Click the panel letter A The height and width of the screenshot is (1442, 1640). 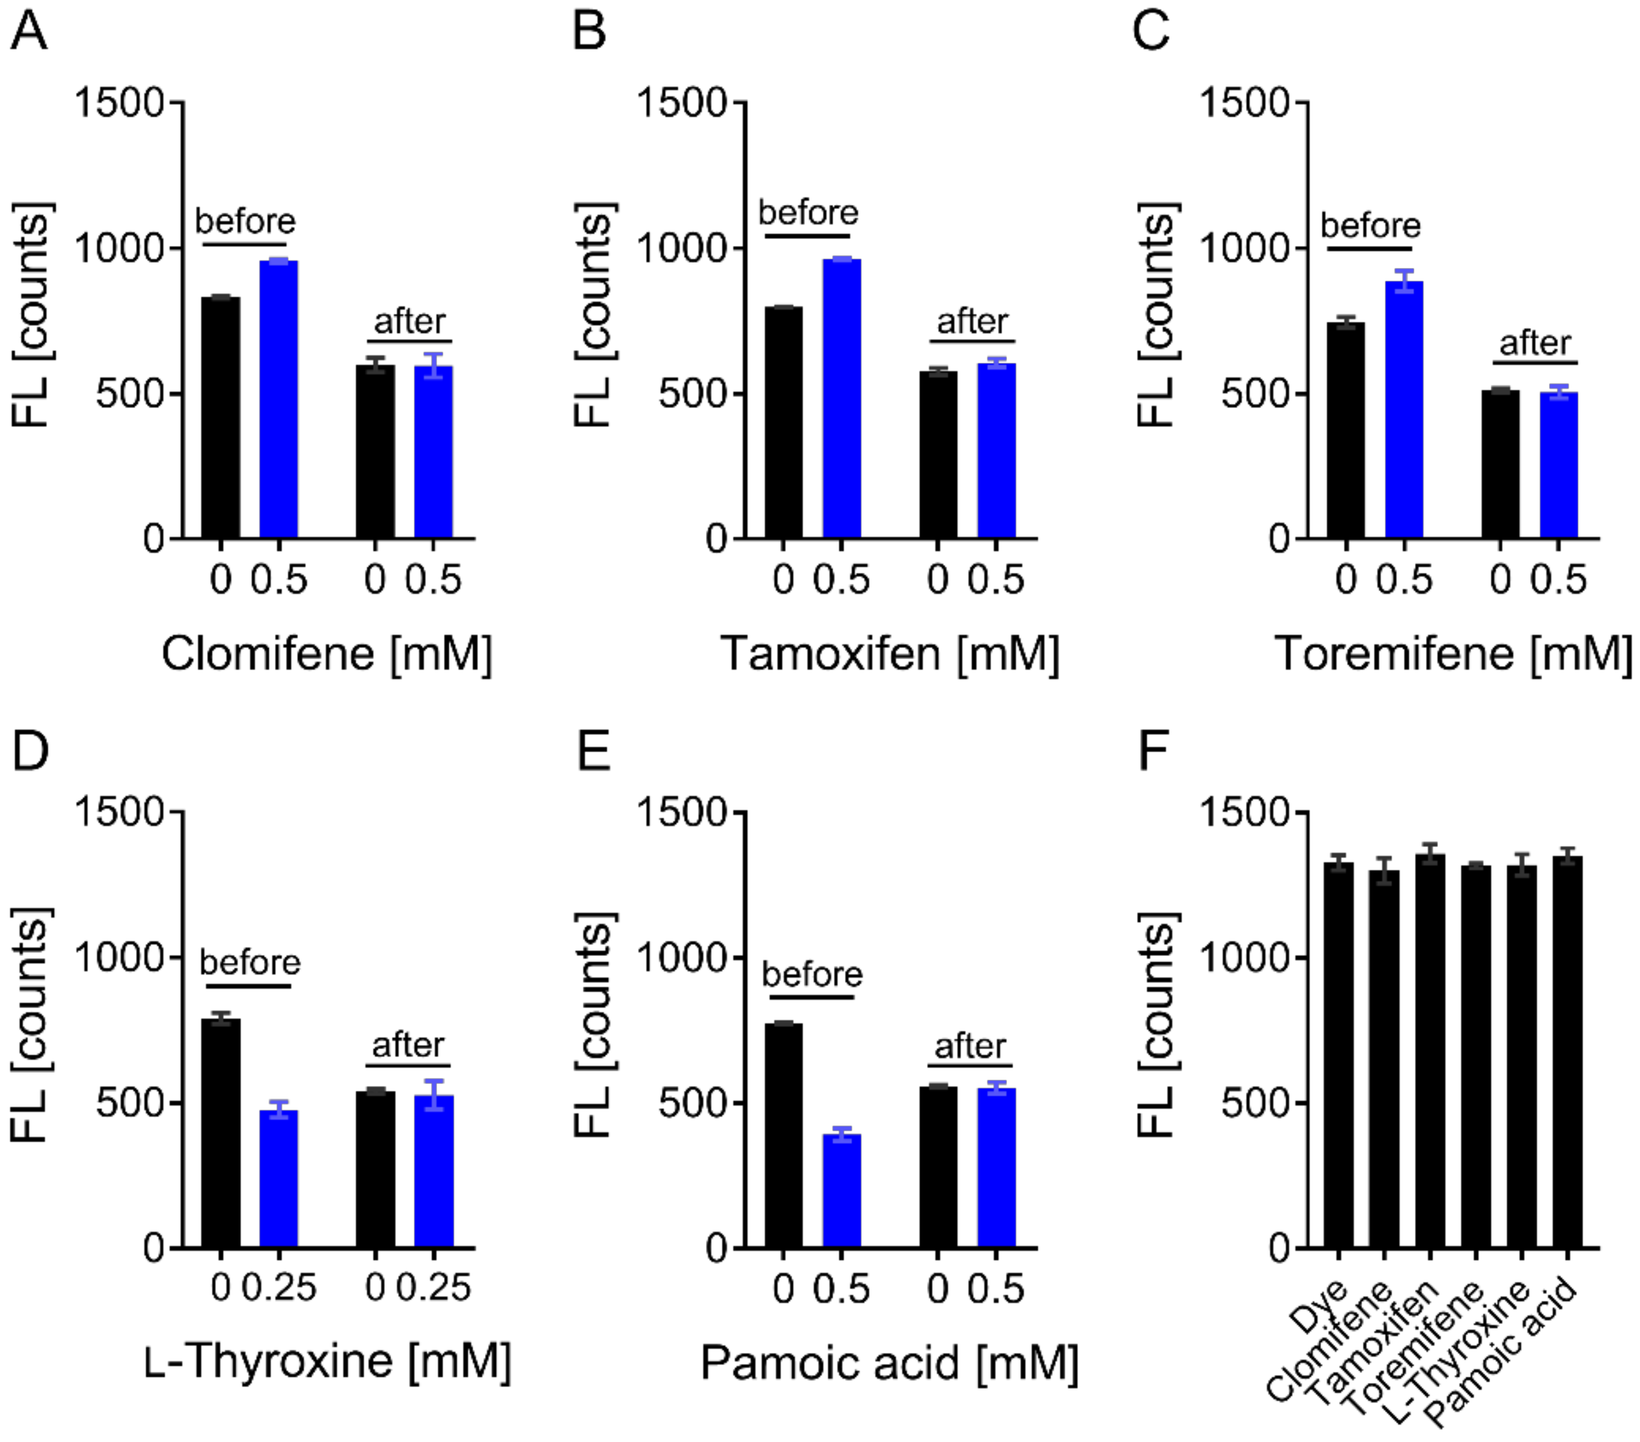click(x=29, y=32)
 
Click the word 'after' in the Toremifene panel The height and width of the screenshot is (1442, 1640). click(x=1535, y=344)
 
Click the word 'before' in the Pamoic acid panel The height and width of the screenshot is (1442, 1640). click(x=812, y=975)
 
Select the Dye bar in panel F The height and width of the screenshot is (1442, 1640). click(x=1339, y=1055)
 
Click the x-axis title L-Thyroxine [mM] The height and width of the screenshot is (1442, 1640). click(x=328, y=1361)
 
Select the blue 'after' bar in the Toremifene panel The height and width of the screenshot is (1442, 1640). click(x=1558, y=465)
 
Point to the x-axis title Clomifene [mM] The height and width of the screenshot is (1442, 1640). click(x=326, y=653)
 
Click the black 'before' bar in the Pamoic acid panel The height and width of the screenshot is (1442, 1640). click(x=783, y=1135)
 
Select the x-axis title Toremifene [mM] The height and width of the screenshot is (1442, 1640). click(x=1453, y=653)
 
